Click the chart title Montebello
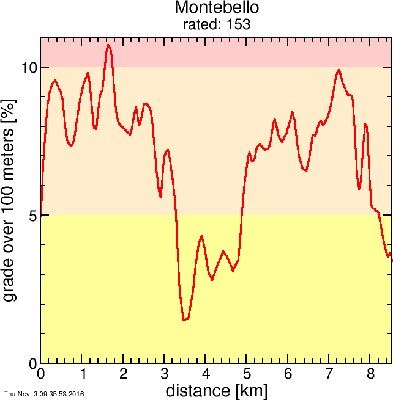pos(217,8)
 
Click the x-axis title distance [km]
pos(216,390)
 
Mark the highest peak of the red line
pos(108,45)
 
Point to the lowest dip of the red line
pos(184,319)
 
